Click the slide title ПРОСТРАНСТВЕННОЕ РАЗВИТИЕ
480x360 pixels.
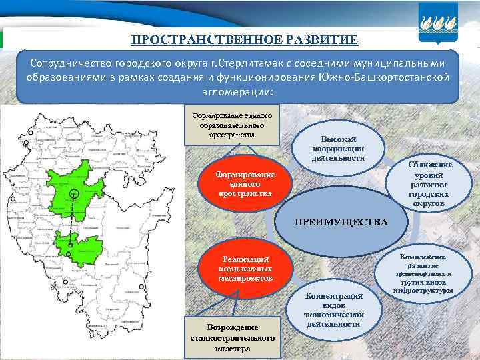point(244,39)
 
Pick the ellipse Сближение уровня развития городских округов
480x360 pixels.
point(429,184)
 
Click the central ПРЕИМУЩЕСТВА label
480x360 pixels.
point(341,221)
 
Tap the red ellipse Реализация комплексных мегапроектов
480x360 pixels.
point(246,267)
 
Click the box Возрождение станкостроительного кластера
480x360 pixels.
point(233,337)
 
